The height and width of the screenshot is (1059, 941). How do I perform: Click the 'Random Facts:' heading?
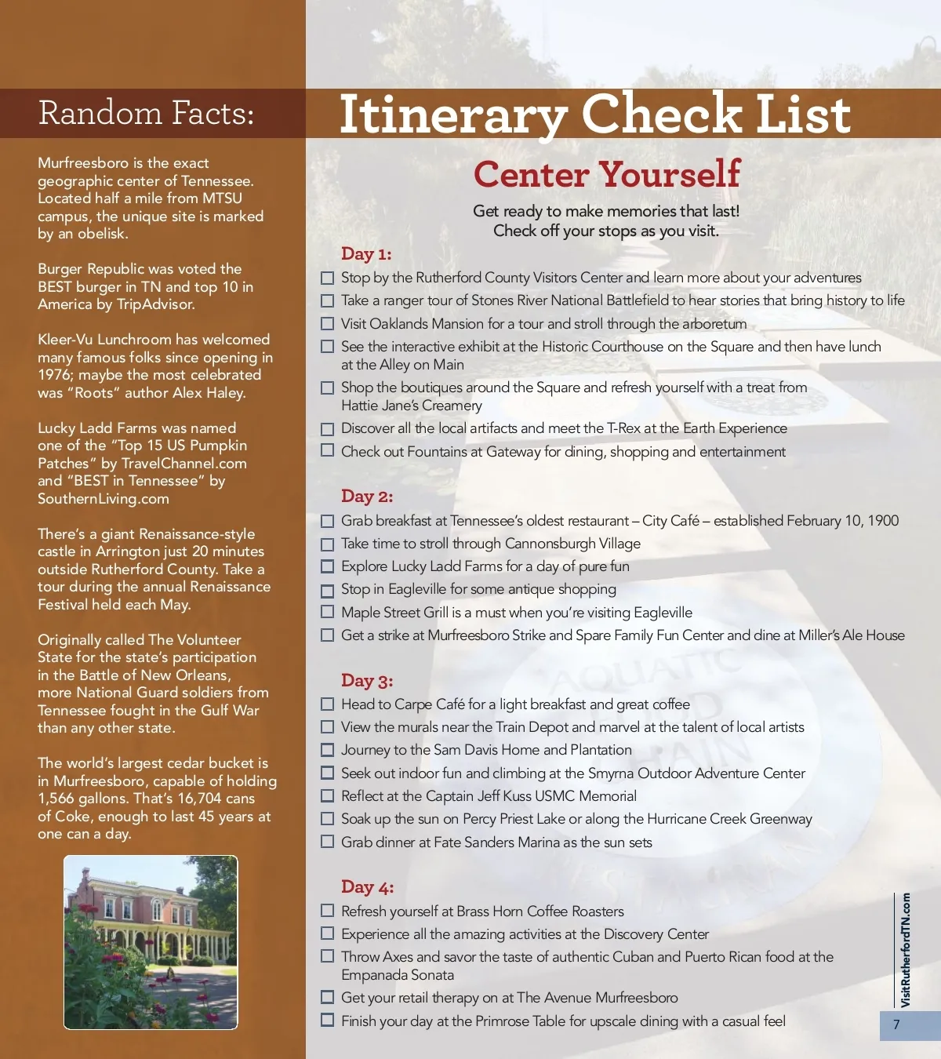click(146, 114)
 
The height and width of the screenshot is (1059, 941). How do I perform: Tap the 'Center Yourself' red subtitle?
click(607, 174)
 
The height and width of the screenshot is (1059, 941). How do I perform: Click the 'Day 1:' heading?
click(366, 254)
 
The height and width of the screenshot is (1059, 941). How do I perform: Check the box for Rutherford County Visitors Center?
click(328, 278)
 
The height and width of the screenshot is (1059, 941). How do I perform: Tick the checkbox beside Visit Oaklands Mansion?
click(328, 324)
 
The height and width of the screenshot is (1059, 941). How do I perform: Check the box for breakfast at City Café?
click(328, 522)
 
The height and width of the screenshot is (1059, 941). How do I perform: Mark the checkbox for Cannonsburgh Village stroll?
click(328, 544)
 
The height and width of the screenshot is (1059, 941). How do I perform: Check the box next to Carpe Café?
click(328, 705)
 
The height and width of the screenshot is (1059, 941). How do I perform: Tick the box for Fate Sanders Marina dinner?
click(328, 842)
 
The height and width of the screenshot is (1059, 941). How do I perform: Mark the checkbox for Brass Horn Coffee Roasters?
click(328, 912)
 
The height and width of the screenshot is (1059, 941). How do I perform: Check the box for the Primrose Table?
click(328, 1021)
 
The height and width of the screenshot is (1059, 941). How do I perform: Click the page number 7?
click(897, 1024)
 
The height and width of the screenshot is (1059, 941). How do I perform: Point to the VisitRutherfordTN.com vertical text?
click(906, 950)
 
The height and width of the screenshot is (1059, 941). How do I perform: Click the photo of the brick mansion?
click(151, 942)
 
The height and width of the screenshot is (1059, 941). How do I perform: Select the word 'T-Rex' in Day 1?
click(623, 428)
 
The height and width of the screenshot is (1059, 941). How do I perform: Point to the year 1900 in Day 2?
click(882, 521)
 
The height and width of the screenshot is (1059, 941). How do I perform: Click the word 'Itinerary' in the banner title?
click(453, 114)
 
